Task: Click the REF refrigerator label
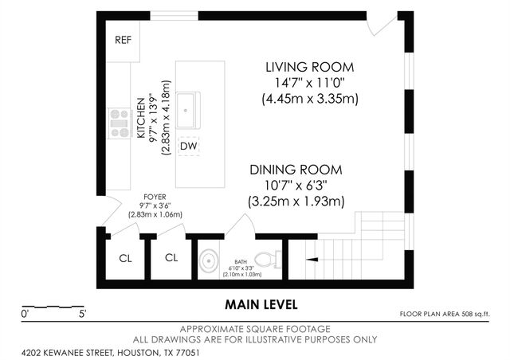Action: point(123,40)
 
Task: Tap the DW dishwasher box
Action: point(189,147)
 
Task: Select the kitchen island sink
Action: point(189,109)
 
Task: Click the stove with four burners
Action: point(120,123)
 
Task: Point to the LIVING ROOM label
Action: point(309,66)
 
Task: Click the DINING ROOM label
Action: point(296,170)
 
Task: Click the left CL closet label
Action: point(125,258)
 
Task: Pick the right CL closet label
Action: point(171,258)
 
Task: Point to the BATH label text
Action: point(241,260)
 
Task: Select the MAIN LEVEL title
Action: point(261,303)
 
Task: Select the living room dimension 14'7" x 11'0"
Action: point(309,83)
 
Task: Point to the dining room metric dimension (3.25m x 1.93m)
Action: point(296,202)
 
